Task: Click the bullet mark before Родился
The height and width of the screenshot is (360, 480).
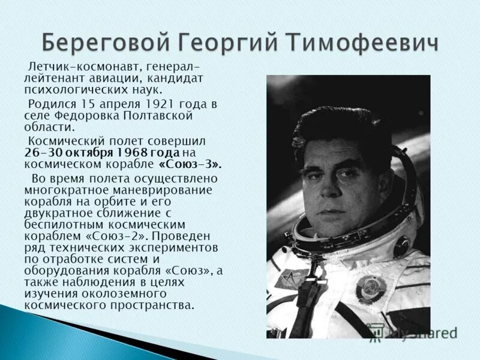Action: pos(25,103)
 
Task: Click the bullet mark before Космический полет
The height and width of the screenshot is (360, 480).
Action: pos(25,141)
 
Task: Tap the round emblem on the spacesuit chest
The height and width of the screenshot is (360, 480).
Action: pos(367,288)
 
